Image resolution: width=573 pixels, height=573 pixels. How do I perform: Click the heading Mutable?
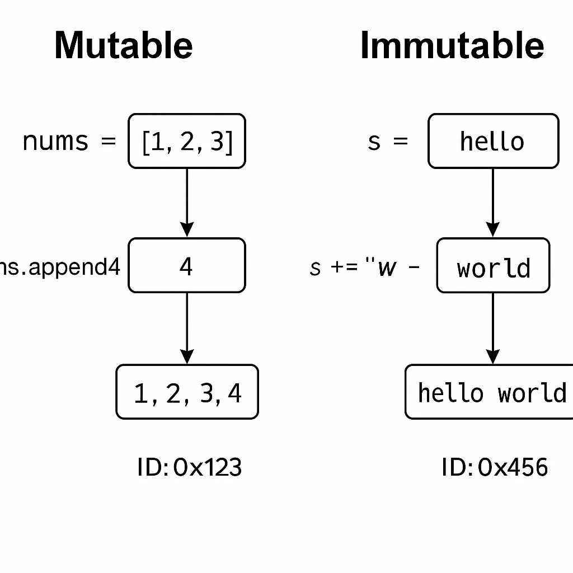[124, 45]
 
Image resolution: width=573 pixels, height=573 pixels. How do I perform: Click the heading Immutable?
[452, 45]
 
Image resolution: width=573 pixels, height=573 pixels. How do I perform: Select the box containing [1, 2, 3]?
[187, 141]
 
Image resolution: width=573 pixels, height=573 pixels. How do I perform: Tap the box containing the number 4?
[187, 266]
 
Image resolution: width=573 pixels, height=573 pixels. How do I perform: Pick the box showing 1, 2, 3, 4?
[187, 392]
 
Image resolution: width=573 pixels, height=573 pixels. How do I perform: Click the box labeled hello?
[493, 141]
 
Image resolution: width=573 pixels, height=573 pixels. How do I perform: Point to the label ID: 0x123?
[189, 467]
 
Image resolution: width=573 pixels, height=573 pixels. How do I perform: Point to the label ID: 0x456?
[494, 467]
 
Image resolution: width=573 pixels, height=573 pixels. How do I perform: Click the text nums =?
[68, 141]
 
